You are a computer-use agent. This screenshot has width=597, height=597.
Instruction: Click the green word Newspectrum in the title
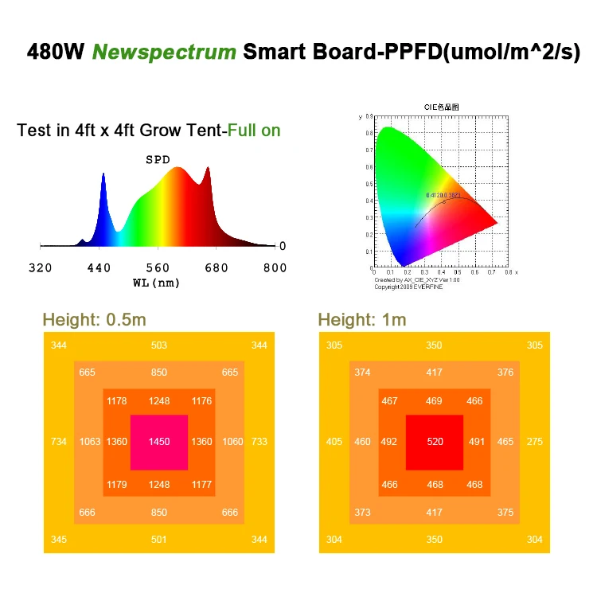(x=164, y=53)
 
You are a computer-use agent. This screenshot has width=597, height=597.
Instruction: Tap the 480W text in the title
(x=57, y=53)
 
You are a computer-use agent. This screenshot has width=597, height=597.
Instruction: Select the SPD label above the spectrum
(x=158, y=159)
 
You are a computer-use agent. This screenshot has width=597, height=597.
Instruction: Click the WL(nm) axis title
(x=157, y=283)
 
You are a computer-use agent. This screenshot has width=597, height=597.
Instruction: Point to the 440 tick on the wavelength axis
(x=99, y=267)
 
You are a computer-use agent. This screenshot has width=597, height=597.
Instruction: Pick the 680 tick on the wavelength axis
(x=217, y=267)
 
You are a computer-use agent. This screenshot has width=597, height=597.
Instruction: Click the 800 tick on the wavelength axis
(x=275, y=267)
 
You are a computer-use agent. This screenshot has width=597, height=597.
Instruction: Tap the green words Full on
(x=254, y=131)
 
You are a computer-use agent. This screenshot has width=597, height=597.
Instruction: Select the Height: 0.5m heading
(x=94, y=320)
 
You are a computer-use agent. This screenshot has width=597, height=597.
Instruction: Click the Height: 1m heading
(x=361, y=320)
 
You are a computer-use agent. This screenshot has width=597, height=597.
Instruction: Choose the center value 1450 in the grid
(x=159, y=442)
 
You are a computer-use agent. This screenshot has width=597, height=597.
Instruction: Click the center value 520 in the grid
(x=435, y=442)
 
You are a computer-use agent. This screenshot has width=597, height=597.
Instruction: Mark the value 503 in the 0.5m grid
(x=159, y=345)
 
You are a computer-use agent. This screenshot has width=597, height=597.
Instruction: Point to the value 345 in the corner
(x=59, y=540)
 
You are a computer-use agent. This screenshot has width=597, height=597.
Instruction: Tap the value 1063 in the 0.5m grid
(x=89, y=442)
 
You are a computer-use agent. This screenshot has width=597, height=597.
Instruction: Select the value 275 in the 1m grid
(x=535, y=442)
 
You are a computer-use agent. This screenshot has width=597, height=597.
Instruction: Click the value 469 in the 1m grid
(x=434, y=401)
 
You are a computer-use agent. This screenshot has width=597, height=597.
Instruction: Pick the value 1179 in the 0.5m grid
(x=116, y=483)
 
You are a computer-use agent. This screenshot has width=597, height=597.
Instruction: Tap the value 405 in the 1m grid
(x=334, y=442)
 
